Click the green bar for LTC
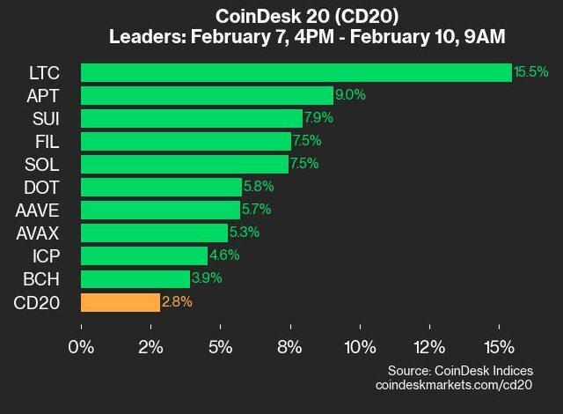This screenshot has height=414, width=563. pyautogui.click(x=296, y=72)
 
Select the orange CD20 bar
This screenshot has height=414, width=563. pyautogui.click(x=121, y=302)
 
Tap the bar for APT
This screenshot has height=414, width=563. pyautogui.click(x=207, y=95)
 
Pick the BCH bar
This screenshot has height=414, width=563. pyautogui.click(x=135, y=279)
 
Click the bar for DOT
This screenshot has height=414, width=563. pyautogui.click(x=161, y=187)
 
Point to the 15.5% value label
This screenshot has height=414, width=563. pyautogui.click(x=531, y=72)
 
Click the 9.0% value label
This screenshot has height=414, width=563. pyautogui.click(x=349, y=95)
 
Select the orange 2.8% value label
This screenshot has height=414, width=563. pyautogui.click(x=177, y=302)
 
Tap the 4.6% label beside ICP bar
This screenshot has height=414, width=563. pyautogui.click(x=224, y=256)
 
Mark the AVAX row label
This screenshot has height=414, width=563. pyautogui.click(x=38, y=233)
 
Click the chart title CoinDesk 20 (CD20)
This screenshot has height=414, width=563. pyautogui.click(x=299, y=16)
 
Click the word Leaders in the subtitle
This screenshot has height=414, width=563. pyautogui.click(x=145, y=37)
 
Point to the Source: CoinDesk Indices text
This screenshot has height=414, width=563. pyautogui.click(x=460, y=371)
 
